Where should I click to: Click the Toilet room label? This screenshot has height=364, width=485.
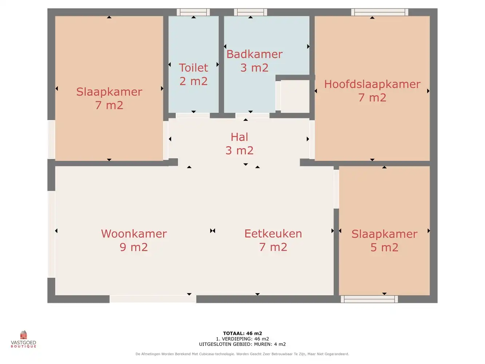(x=193, y=68)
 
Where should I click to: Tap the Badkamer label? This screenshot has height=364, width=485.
(x=254, y=54)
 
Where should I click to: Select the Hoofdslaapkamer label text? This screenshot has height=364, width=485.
(x=372, y=84)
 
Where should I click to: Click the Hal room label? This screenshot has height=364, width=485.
(x=239, y=137)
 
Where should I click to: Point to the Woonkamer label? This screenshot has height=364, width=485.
(x=134, y=234)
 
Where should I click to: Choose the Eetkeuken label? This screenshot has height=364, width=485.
(x=273, y=234)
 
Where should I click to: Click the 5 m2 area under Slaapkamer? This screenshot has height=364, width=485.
(x=384, y=248)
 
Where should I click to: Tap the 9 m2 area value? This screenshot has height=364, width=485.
(x=134, y=247)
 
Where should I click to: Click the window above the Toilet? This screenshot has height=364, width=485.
(x=193, y=12)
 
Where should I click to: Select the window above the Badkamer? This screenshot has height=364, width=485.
(x=250, y=12)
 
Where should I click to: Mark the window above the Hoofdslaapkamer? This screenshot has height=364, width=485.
(x=379, y=12)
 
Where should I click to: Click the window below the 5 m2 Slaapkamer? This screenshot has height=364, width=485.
(x=369, y=299)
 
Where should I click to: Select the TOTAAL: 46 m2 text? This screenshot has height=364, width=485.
(x=242, y=333)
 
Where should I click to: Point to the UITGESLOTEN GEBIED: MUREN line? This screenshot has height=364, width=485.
(x=242, y=344)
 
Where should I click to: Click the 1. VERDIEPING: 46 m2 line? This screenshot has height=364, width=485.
(x=242, y=339)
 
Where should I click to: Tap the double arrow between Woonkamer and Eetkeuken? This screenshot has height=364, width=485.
(x=212, y=231)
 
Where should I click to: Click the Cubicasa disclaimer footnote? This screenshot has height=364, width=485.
(x=242, y=354)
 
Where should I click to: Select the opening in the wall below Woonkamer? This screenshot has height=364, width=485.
(x=153, y=299)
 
